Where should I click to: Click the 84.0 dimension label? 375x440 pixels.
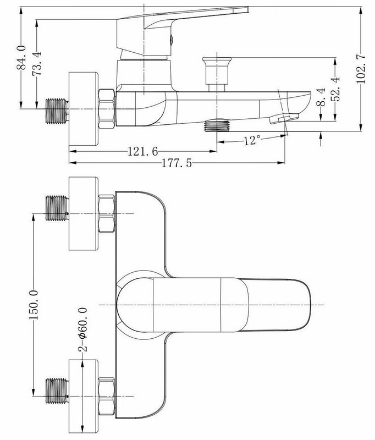pyautogui.click(x=21, y=58)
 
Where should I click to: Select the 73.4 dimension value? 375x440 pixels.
pyautogui.click(x=37, y=63)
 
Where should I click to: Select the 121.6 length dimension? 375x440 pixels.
pyautogui.click(x=143, y=152)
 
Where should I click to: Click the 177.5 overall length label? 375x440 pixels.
pyautogui.click(x=177, y=163)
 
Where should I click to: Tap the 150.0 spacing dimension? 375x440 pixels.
pyautogui.click(x=34, y=305)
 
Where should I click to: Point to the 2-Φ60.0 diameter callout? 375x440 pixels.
pyautogui.click(x=83, y=329)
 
